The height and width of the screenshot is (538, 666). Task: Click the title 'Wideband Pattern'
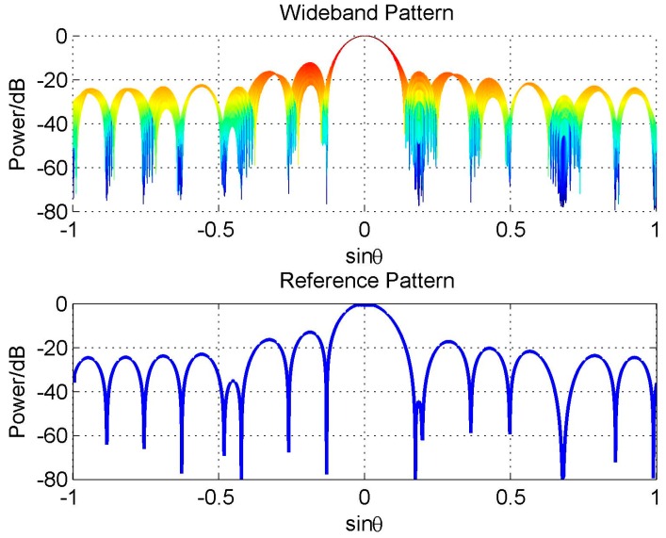point(365,12)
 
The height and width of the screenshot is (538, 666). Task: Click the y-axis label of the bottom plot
point(17,392)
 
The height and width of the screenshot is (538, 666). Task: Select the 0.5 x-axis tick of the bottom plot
point(510,498)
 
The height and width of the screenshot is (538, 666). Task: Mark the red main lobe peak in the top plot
point(365,38)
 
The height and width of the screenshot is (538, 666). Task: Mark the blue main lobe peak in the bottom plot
point(365,305)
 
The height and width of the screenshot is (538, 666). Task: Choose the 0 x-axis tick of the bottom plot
point(365,498)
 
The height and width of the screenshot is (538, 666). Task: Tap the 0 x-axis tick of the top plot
point(365,230)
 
